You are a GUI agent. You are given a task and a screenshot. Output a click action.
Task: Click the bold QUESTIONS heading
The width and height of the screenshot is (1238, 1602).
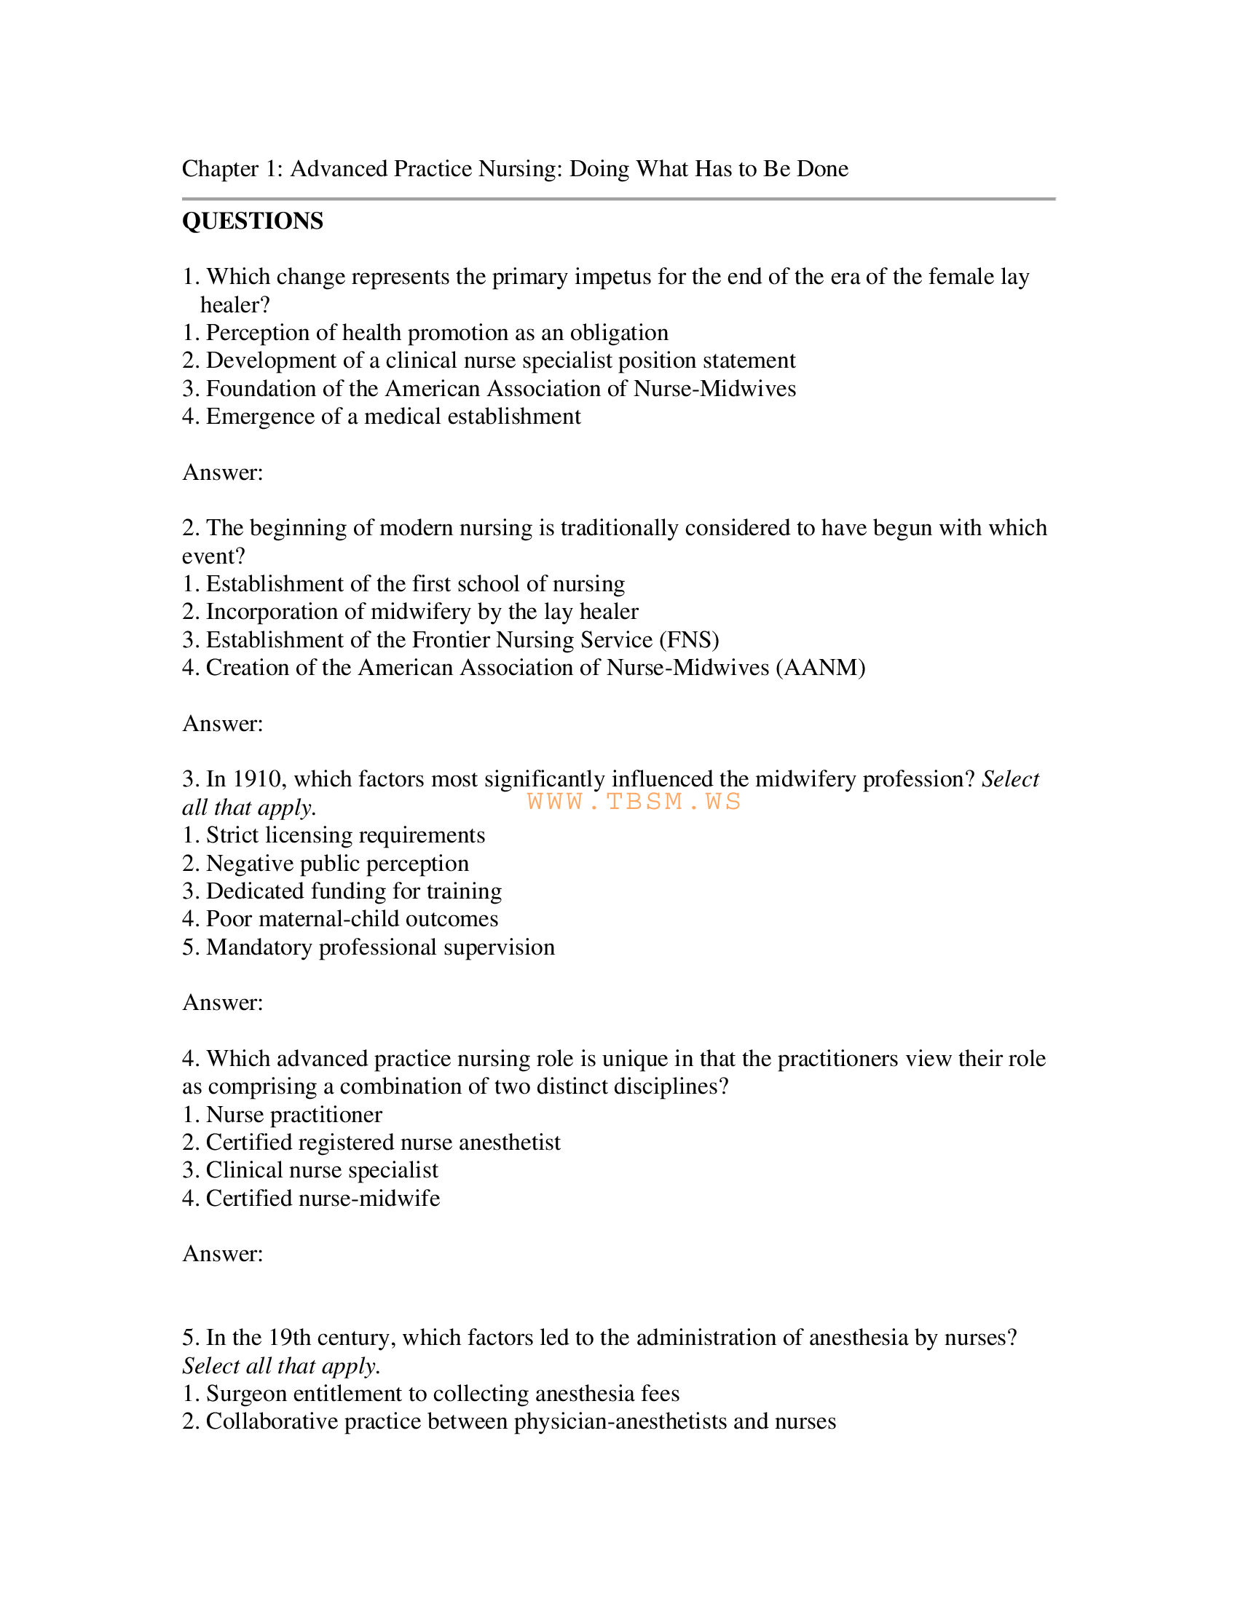click(252, 221)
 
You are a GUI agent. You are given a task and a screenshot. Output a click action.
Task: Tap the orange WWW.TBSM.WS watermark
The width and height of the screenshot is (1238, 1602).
click(634, 802)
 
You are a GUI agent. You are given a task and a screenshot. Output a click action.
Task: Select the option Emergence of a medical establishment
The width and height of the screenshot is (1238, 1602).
click(393, 417)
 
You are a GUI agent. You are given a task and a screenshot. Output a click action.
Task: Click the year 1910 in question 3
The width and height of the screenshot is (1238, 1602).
click(256, 779)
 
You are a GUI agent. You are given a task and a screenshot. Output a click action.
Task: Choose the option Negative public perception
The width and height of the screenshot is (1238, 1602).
click(337, 864)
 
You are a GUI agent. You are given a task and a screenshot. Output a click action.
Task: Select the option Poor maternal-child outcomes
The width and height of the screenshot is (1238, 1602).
click(352, 919)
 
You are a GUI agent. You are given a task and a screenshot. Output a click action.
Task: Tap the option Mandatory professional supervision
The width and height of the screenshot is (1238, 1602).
click(380, 947)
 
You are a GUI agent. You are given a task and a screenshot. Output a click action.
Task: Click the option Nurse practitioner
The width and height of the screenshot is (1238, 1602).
click(293, 1115)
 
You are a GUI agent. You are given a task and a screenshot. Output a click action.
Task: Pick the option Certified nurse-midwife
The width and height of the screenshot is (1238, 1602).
click(323, 1199)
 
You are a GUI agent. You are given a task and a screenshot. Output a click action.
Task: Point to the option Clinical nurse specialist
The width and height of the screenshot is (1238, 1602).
click(322, 1171)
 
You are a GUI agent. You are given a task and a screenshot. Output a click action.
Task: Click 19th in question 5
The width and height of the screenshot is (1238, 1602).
click(290, 1338)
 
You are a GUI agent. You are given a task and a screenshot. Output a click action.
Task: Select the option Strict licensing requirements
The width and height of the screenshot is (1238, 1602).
click(345, 835)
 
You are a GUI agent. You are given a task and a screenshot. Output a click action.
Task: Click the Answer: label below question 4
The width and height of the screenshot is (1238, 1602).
click(222, 1255)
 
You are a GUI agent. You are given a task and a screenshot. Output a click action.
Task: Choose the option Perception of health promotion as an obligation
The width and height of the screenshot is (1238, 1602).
click(437, 333)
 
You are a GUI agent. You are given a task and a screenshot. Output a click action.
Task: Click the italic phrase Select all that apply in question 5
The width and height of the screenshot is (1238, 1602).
click(280, 1366)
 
